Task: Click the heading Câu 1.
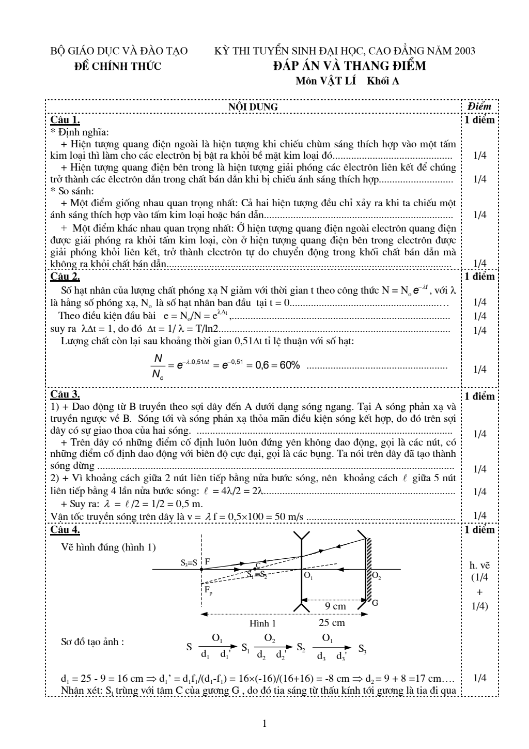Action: pos(65,120)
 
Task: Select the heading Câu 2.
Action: pos(65,276)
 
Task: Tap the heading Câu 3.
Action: pos(65,395)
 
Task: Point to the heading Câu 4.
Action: pos(65,530)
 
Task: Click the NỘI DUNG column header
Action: pos(253,107)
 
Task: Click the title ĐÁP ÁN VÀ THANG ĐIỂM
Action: pos(350,66)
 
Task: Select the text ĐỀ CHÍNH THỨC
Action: pos(118,66)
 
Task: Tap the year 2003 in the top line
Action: pos(465,51)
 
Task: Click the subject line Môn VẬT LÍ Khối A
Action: pos(347,81)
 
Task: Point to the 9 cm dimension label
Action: pos(335,606)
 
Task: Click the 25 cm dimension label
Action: pos(332,622)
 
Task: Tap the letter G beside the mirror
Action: pos(375,603)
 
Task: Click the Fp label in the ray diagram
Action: pos(208,590)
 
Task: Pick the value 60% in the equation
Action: pos(289,365)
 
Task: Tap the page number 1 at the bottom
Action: pos(264,724)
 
